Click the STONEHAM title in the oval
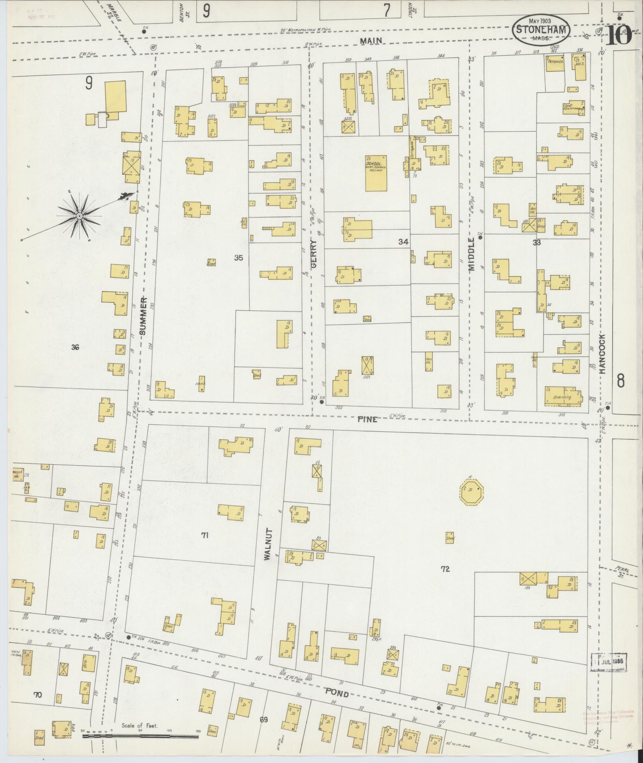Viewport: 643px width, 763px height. point(541,30)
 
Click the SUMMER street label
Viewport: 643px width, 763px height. point(144,316)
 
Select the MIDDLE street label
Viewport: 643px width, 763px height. point(472,255)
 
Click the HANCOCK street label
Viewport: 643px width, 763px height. point(602,354)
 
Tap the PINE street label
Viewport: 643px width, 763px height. point(367,419)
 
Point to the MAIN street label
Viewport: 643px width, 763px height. point(371,40)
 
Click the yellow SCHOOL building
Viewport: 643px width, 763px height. point(376,173)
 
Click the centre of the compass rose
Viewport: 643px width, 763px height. point(79,216)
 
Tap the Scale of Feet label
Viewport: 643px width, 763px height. point(140,726)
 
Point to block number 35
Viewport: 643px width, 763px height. point(238,258)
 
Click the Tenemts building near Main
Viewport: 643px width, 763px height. point(555,64)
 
